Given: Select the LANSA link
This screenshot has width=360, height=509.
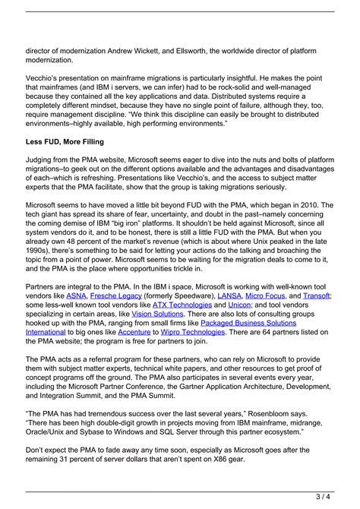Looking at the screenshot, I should (x=229, y=295).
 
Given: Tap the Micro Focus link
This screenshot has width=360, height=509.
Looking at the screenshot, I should (x=266, y=295).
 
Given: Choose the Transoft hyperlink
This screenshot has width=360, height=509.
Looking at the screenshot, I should (x=316, y=295).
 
